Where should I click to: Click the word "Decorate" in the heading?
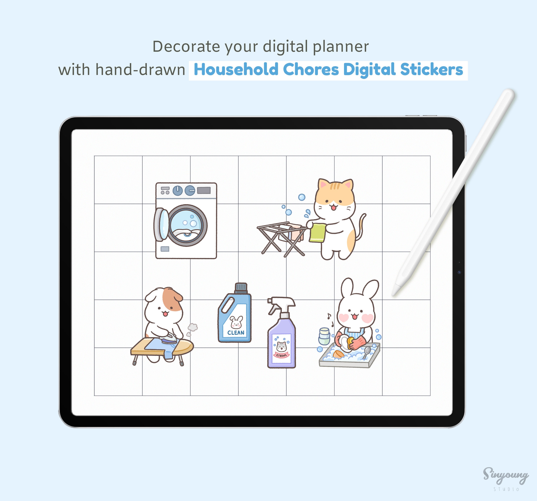click(186, 47)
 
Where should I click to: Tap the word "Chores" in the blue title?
click(311, 69)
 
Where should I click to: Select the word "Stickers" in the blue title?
click(431, 69)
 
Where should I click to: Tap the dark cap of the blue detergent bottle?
click(241, 288)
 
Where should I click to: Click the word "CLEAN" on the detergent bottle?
click(236, 333)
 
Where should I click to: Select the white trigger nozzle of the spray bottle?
click(281, 304)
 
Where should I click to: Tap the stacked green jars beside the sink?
click(324, 336)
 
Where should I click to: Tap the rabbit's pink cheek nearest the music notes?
click(344, 318)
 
